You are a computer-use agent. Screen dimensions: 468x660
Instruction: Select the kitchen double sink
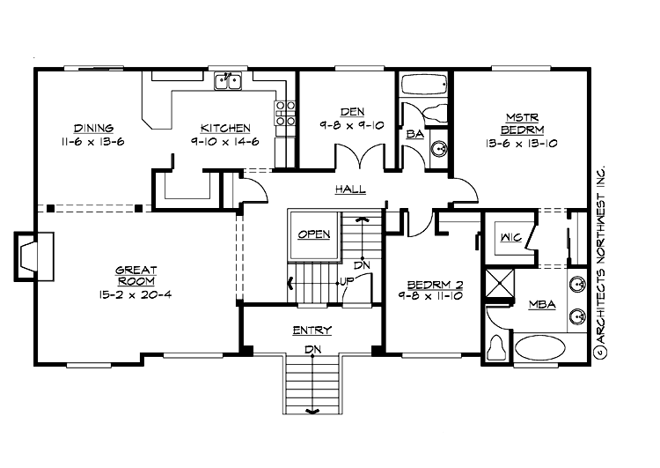click(229, 82)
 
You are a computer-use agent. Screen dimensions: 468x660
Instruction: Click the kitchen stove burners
click(285, 117)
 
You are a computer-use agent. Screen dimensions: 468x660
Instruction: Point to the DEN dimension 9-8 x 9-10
click(352, 125)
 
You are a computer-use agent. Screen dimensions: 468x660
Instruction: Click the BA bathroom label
click(414, 135)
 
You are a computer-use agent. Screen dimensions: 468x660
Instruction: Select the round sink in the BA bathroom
click(440, 147)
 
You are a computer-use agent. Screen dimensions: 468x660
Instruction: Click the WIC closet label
click(511, 237)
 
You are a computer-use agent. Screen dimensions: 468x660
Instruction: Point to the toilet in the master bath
click(495, 349)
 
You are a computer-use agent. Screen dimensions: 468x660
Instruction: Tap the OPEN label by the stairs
click(313, 234)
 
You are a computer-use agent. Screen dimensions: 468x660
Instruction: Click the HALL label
click(349, 189)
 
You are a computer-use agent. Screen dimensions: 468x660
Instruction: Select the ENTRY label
click(312, 331)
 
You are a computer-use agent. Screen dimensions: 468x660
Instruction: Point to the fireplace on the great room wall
click(27, 256)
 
